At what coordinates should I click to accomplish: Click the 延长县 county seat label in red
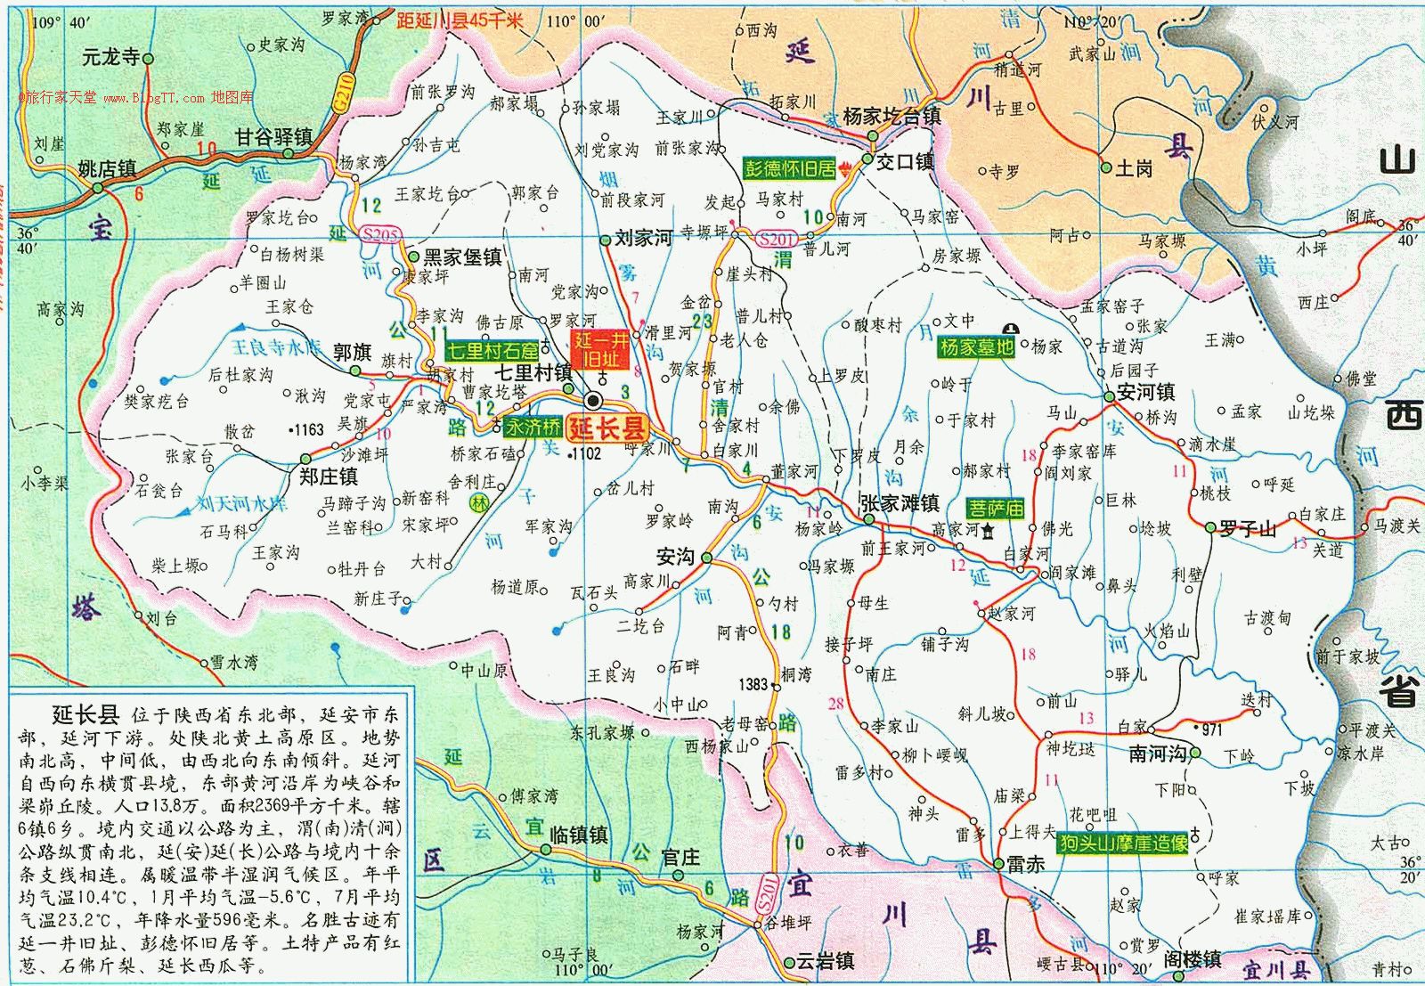[607, 426]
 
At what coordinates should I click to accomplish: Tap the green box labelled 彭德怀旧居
[790, 167]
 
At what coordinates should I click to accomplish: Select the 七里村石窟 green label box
[493, 350]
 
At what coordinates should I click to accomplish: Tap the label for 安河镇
[1145, 392]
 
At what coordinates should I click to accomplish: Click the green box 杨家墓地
[976, 347]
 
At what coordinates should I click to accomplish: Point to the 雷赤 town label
[1025, 863]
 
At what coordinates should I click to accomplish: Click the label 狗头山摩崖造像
[1124, 842]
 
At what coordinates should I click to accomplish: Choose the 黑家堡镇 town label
[461, 257]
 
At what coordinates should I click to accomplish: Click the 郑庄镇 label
[328, 477]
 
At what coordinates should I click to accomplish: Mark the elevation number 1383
[753, 684]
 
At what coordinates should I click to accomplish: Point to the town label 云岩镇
[825, 961]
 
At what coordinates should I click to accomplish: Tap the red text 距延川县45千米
[460, 20]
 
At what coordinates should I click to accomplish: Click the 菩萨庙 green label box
[997, 509]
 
